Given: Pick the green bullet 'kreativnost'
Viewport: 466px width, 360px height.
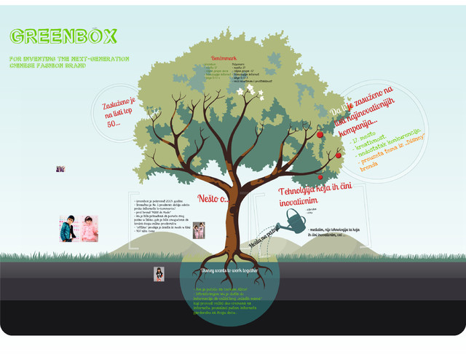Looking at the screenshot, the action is (x=373, y=145).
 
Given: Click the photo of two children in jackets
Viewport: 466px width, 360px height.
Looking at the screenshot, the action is (x=79, y=228).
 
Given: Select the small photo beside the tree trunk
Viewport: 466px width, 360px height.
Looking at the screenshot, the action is (x=199, y=230).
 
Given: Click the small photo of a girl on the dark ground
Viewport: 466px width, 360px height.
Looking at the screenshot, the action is (x=159, y=274).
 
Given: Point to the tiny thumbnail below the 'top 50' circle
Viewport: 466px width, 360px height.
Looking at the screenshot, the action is (x=60, y=169).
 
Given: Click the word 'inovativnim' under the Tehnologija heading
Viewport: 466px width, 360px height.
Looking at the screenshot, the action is (x=299, y=200).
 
